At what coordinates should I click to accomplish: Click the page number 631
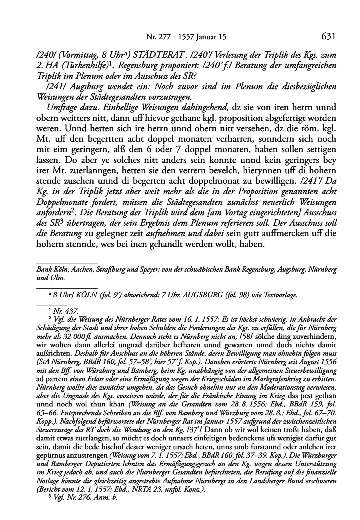(328, 37)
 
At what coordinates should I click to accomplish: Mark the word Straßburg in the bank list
(102, 270)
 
